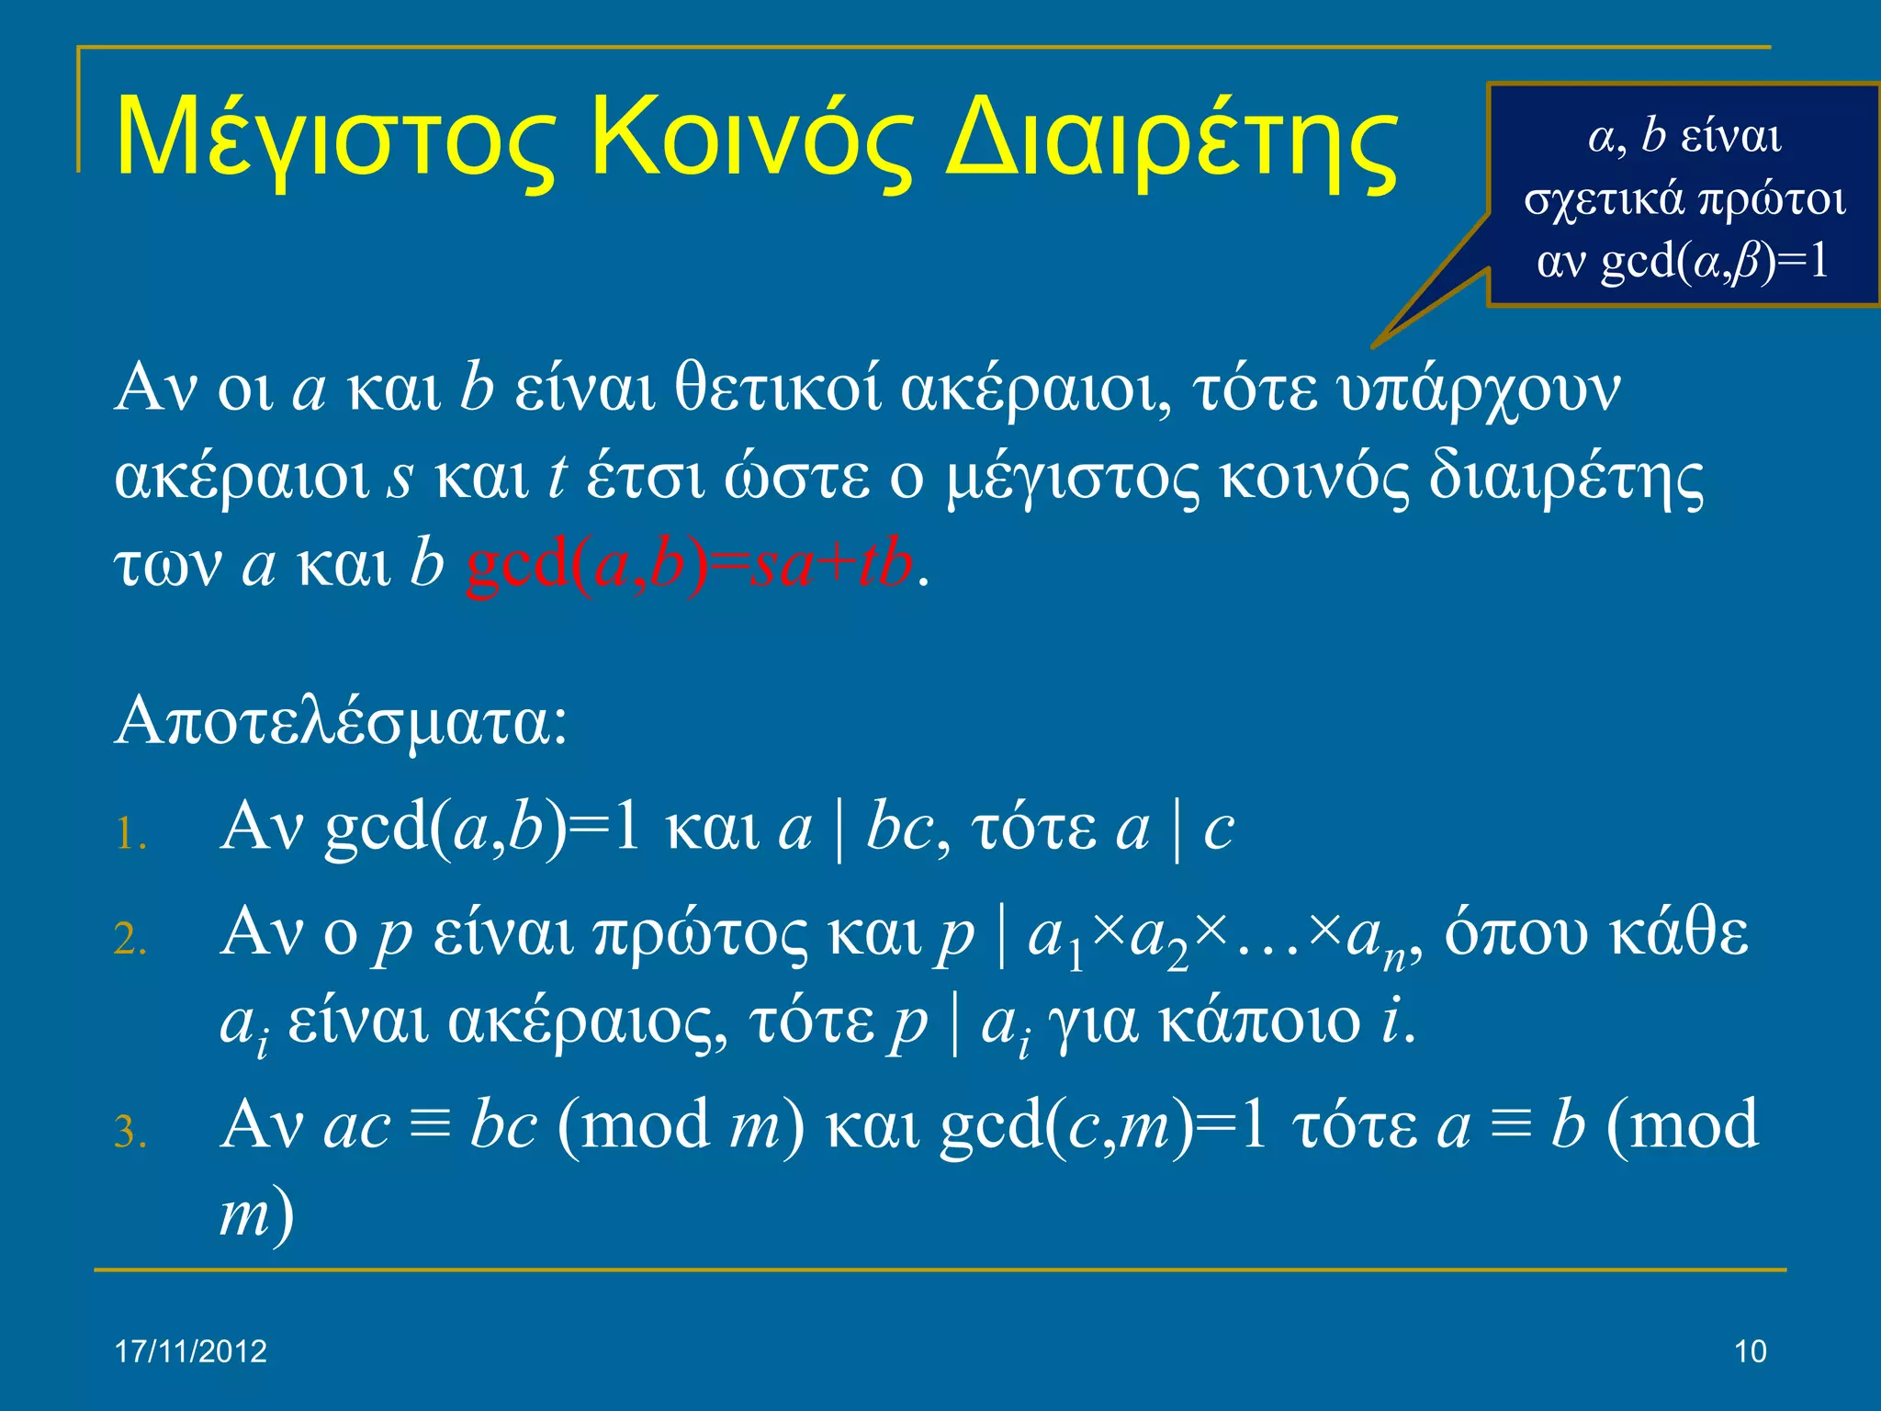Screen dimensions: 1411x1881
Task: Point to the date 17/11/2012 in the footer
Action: tap(191, 1351)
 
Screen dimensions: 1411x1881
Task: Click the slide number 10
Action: tap(1751, 1351)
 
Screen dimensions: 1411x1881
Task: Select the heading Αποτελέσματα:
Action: tap(342, 722)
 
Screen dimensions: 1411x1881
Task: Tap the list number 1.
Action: tap(130, 835)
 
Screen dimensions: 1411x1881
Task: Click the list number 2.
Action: tap(130, 940)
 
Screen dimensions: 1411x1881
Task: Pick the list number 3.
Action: tap(130, 1132)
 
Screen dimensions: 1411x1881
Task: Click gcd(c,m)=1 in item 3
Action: tap(1103, 1126)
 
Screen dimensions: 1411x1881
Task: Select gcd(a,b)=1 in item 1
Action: tap(482, 827)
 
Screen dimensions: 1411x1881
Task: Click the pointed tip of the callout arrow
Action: tap(1374, 346)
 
